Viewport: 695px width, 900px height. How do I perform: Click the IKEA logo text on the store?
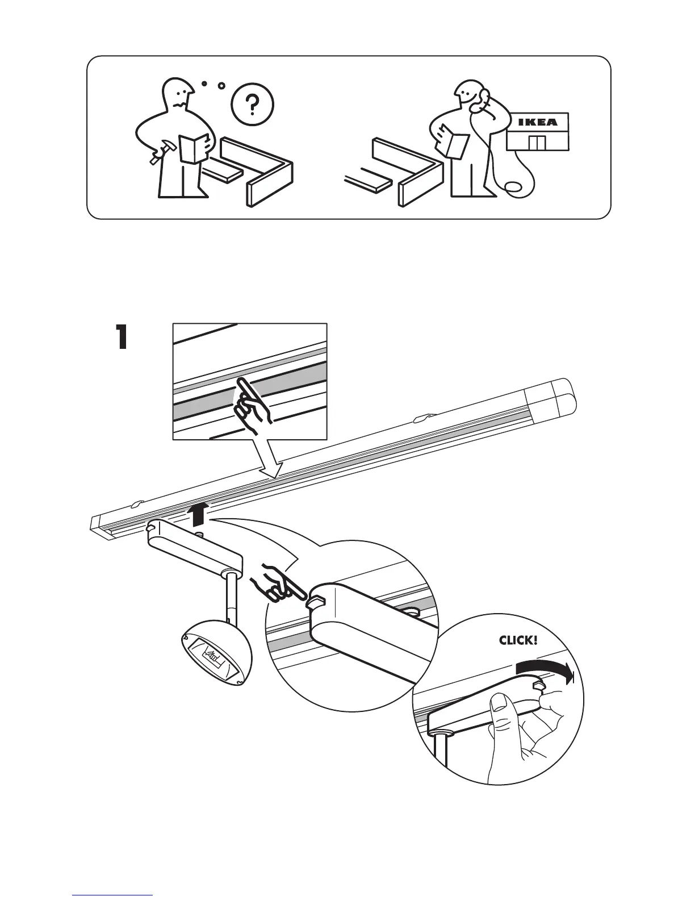point(537,122)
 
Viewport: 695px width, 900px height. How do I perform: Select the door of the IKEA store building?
point(536,143)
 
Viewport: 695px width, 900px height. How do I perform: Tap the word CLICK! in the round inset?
point(517,640)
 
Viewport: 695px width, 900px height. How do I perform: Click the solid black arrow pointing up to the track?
point(198,514)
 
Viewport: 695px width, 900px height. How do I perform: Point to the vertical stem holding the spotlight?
point(231,599)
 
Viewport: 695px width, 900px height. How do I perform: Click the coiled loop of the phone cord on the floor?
point(512,188)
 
